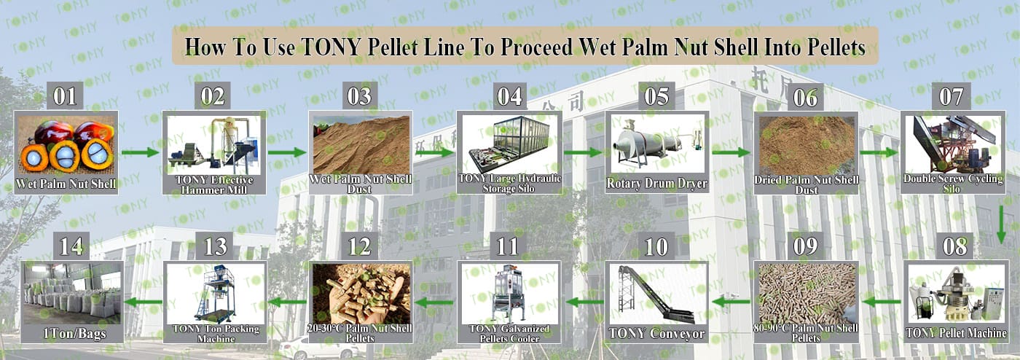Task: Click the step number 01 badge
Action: [x=65, y=96]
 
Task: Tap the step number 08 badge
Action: [x=955, y=246]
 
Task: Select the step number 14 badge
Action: [x=71, y=246]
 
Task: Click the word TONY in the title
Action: [x=331, y=47]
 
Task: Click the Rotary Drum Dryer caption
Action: [x=656, y=183]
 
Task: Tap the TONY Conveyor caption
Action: [x=656, y=334]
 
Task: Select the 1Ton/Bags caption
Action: [x=74, y=334]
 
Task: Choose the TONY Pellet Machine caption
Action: [x=956, y=333]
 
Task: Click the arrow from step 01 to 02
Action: [x=140, y=152]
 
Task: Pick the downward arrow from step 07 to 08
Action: [x=1001, y=224]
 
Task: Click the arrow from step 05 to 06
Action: [x=731, y=152]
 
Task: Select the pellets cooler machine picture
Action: [x=509, y=294]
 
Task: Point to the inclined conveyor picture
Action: [x=656, y=294]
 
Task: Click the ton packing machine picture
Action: [x=215, y=294]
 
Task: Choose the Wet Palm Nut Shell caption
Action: [x=66, y=184]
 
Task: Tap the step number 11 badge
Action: [x=508, y=246]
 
